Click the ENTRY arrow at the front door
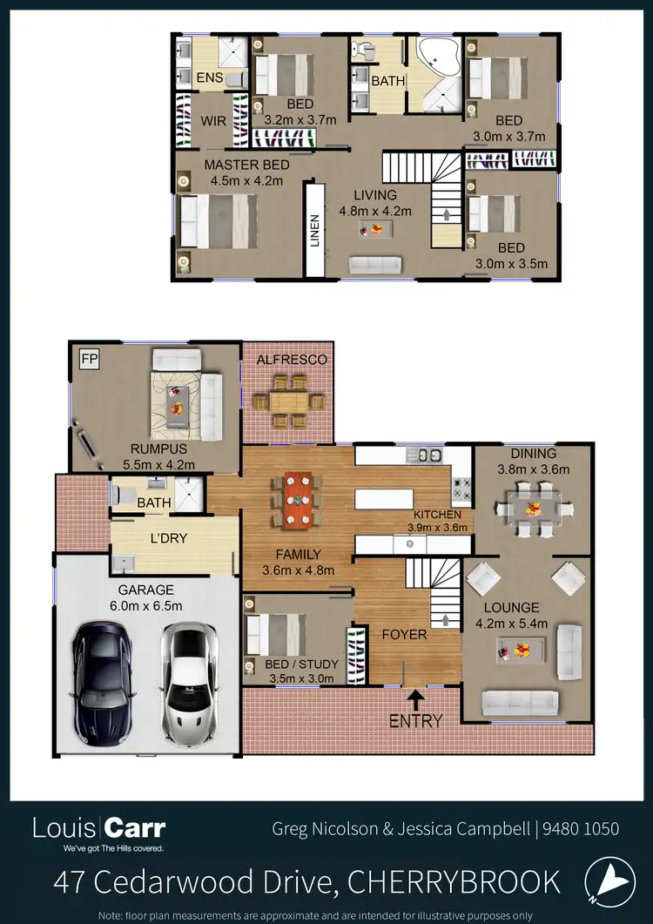(x=416, y=698)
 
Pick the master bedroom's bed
(x=217, y=221)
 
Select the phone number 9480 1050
(x=582, y=829)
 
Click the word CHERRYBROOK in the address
(x=454, y=882)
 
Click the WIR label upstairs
(x=213, y=121)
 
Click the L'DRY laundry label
(x=170, y=539)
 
